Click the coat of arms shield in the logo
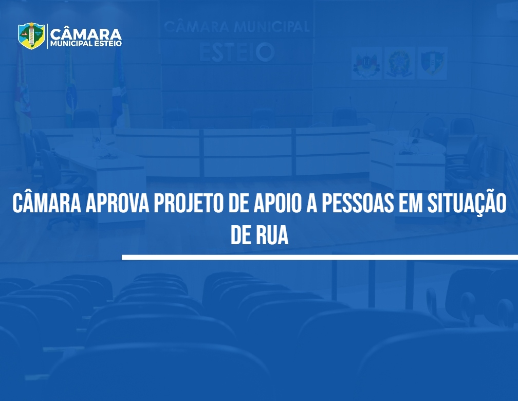(31, 35)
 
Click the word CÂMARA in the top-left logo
(86, 34)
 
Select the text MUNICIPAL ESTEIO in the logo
(86, 44)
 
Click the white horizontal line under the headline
(320, 257)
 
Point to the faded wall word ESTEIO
(237, 52)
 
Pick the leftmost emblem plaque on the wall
(366, 63)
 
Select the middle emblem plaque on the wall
(399, 63)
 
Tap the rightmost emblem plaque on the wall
(432, 63)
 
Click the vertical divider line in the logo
(47, 36)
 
